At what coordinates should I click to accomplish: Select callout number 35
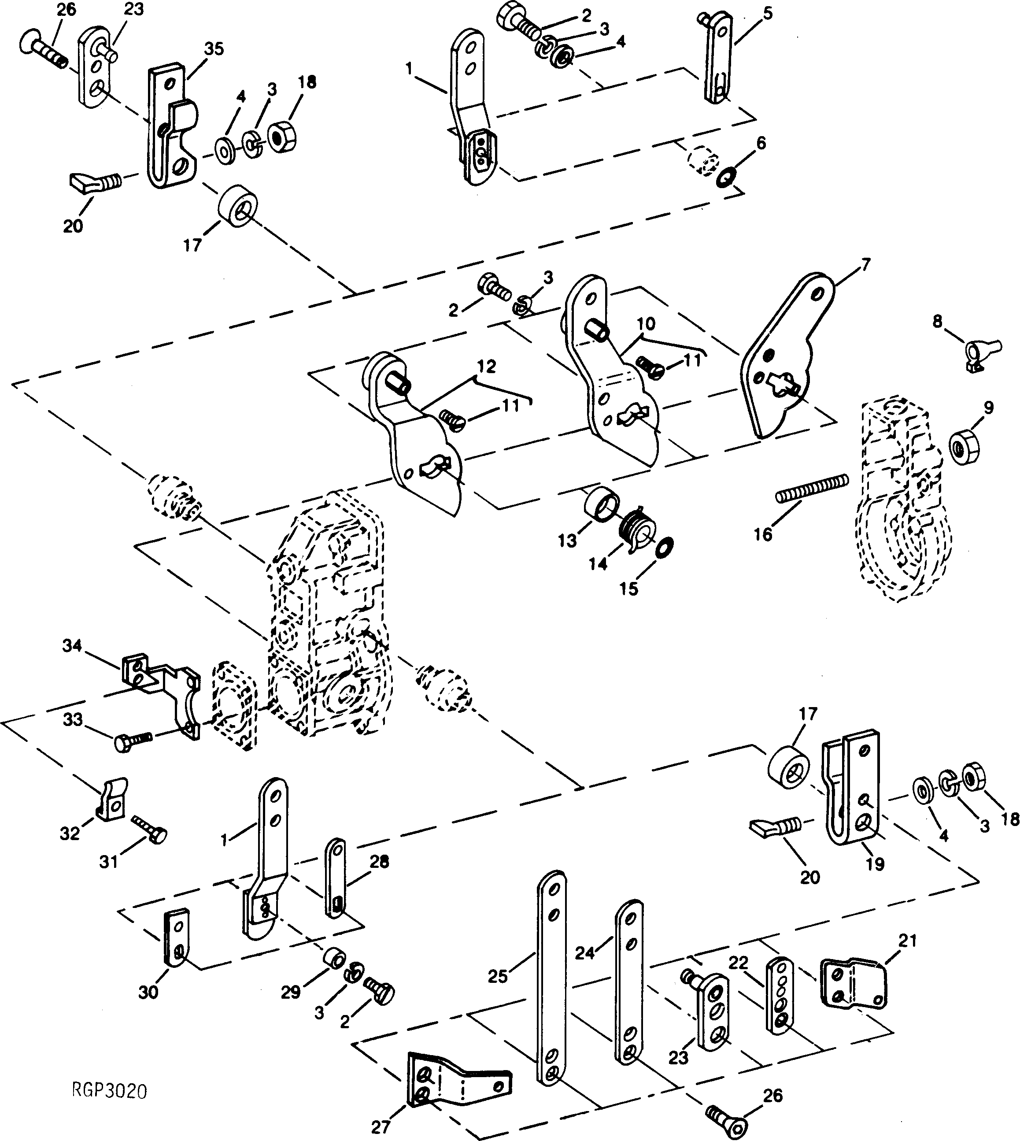[214, 49]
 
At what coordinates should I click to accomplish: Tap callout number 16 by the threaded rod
[763, 534]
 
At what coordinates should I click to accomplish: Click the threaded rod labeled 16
[812, 488]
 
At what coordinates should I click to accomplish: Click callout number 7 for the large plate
[866, 264]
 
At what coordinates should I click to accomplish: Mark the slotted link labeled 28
[336, 886]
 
